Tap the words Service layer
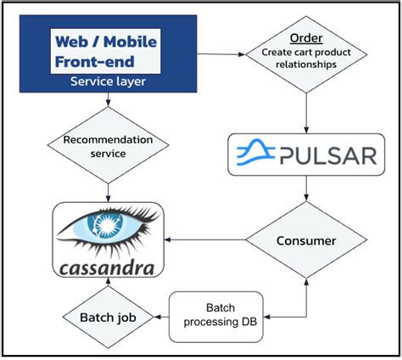coord(107,82)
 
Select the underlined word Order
coord(305,38)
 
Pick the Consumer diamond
coord(305,240)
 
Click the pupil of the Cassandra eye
coord(108,228)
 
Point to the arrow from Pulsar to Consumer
coord(305,192)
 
